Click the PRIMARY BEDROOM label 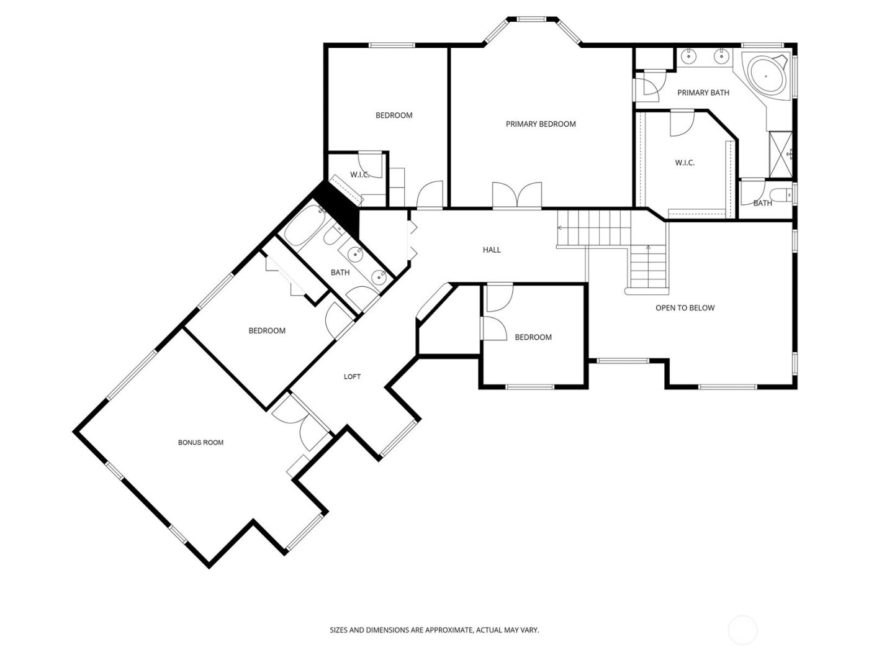coord(541,124)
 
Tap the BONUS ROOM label coord(200,443)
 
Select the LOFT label coord(352,377)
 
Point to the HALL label coord(492,250)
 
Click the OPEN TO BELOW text coord(685,308)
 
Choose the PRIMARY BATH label coord(703,93)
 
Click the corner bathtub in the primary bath coord(765,76)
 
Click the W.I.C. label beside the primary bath coord(685,163)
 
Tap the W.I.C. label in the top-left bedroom coord(360,175)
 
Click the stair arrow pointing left coord(560,229)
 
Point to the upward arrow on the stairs coord(648,248)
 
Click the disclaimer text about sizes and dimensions coord(434,630)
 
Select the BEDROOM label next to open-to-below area coord(533,337)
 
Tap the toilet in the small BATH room coord(785,194)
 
